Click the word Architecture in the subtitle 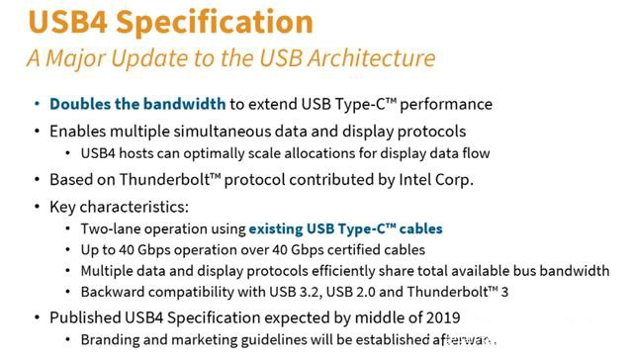[x=372, y=57]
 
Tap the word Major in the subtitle [x=75, y=59]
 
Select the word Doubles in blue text [x=80, y=104]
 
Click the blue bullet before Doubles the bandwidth [x=38, y=104]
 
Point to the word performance [x=446, y=105]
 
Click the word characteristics [x=135, y=207]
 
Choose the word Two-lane [x=110, y=228]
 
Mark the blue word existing [x=276, y=229]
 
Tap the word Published [x=85, y=317]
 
